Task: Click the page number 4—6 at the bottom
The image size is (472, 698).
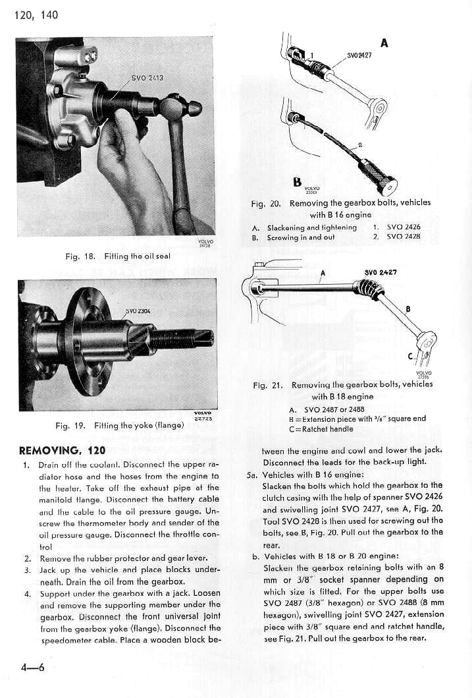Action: coord(32,667)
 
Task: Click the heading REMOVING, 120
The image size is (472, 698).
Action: coord(63,451)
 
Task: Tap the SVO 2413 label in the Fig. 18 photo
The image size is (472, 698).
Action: coord(147,78)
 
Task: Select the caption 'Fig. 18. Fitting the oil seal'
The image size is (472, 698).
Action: coord(118,256)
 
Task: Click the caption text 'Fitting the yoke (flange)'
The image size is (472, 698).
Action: coord(138,426)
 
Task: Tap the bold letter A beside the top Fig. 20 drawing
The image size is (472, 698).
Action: coord(384,44)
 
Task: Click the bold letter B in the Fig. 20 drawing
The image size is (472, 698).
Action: coord(297,181)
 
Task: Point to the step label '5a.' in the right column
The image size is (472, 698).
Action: coord(251,475)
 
